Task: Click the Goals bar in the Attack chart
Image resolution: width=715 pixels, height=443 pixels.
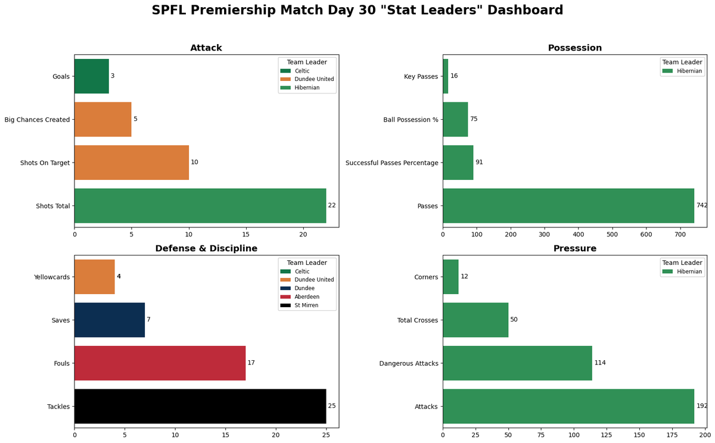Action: click(92, 76)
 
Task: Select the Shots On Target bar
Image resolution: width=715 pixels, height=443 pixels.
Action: click(132, 163)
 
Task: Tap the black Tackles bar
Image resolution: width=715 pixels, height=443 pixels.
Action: click(200, 406)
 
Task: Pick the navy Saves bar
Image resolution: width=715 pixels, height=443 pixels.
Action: click(110, 320)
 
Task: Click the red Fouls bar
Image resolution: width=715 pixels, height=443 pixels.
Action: click(160, 363)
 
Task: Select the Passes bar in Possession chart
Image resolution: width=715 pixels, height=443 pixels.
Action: click(568, 205)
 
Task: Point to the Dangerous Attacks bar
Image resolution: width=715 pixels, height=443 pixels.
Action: click(517, 363)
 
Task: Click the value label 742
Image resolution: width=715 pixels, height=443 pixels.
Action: click(702, 205)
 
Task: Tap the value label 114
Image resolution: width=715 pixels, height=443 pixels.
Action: click(600, 363)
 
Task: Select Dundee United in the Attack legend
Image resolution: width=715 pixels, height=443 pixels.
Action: click(314, 79)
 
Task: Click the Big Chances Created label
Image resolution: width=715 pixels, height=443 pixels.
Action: click(37, 120)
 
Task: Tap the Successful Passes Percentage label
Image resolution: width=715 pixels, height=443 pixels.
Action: click(391, 163)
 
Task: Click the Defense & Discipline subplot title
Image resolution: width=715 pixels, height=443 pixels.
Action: click(206, 248)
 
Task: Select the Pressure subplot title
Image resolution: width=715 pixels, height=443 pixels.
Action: click(574, 248)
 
